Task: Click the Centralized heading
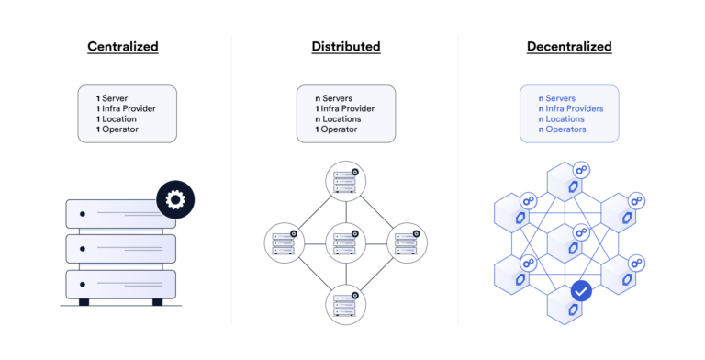coord(122,46)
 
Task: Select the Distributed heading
coord(346,46)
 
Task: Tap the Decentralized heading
coord(569,46)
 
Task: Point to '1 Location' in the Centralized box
coord(120,118)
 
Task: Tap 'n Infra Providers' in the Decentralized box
coord(571,107)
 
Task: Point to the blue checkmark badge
coord(581,291)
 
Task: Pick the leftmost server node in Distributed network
coord(284,244)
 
